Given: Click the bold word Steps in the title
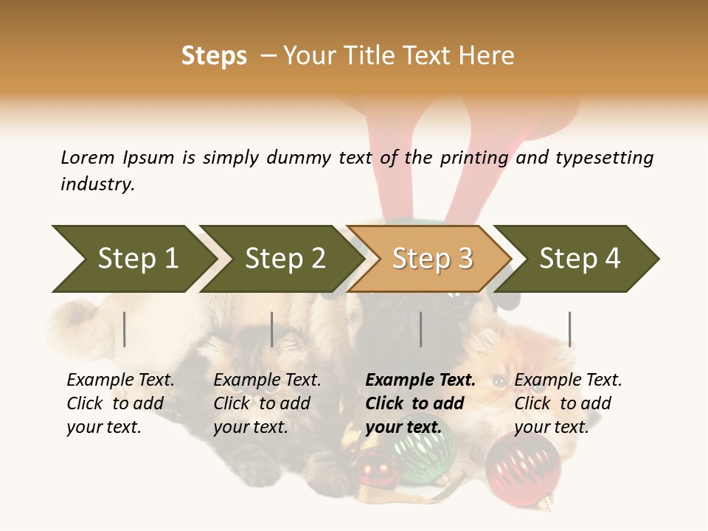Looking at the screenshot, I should click(x=214, y=56).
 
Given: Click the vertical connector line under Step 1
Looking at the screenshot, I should click(x=125, y=329).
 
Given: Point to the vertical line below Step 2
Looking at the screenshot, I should click(x=272, y=329).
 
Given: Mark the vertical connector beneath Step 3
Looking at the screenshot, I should click(x=421, y=329).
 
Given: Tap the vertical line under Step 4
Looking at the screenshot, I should click(x=570, y=329).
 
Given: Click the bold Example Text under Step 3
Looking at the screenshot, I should click(x=420, y=403).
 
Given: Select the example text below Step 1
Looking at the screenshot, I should click(x=120, y=403).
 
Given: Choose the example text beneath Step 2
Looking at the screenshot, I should click(x=267, y=403).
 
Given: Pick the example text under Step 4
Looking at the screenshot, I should click(x=568, y=403).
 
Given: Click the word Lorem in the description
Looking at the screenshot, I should click(x=88, y=157).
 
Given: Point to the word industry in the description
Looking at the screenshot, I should click(x=97, y=184).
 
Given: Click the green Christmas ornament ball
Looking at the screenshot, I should click(x=423, y=449).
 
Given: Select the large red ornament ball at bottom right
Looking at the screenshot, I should click(x=523, y=469).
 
